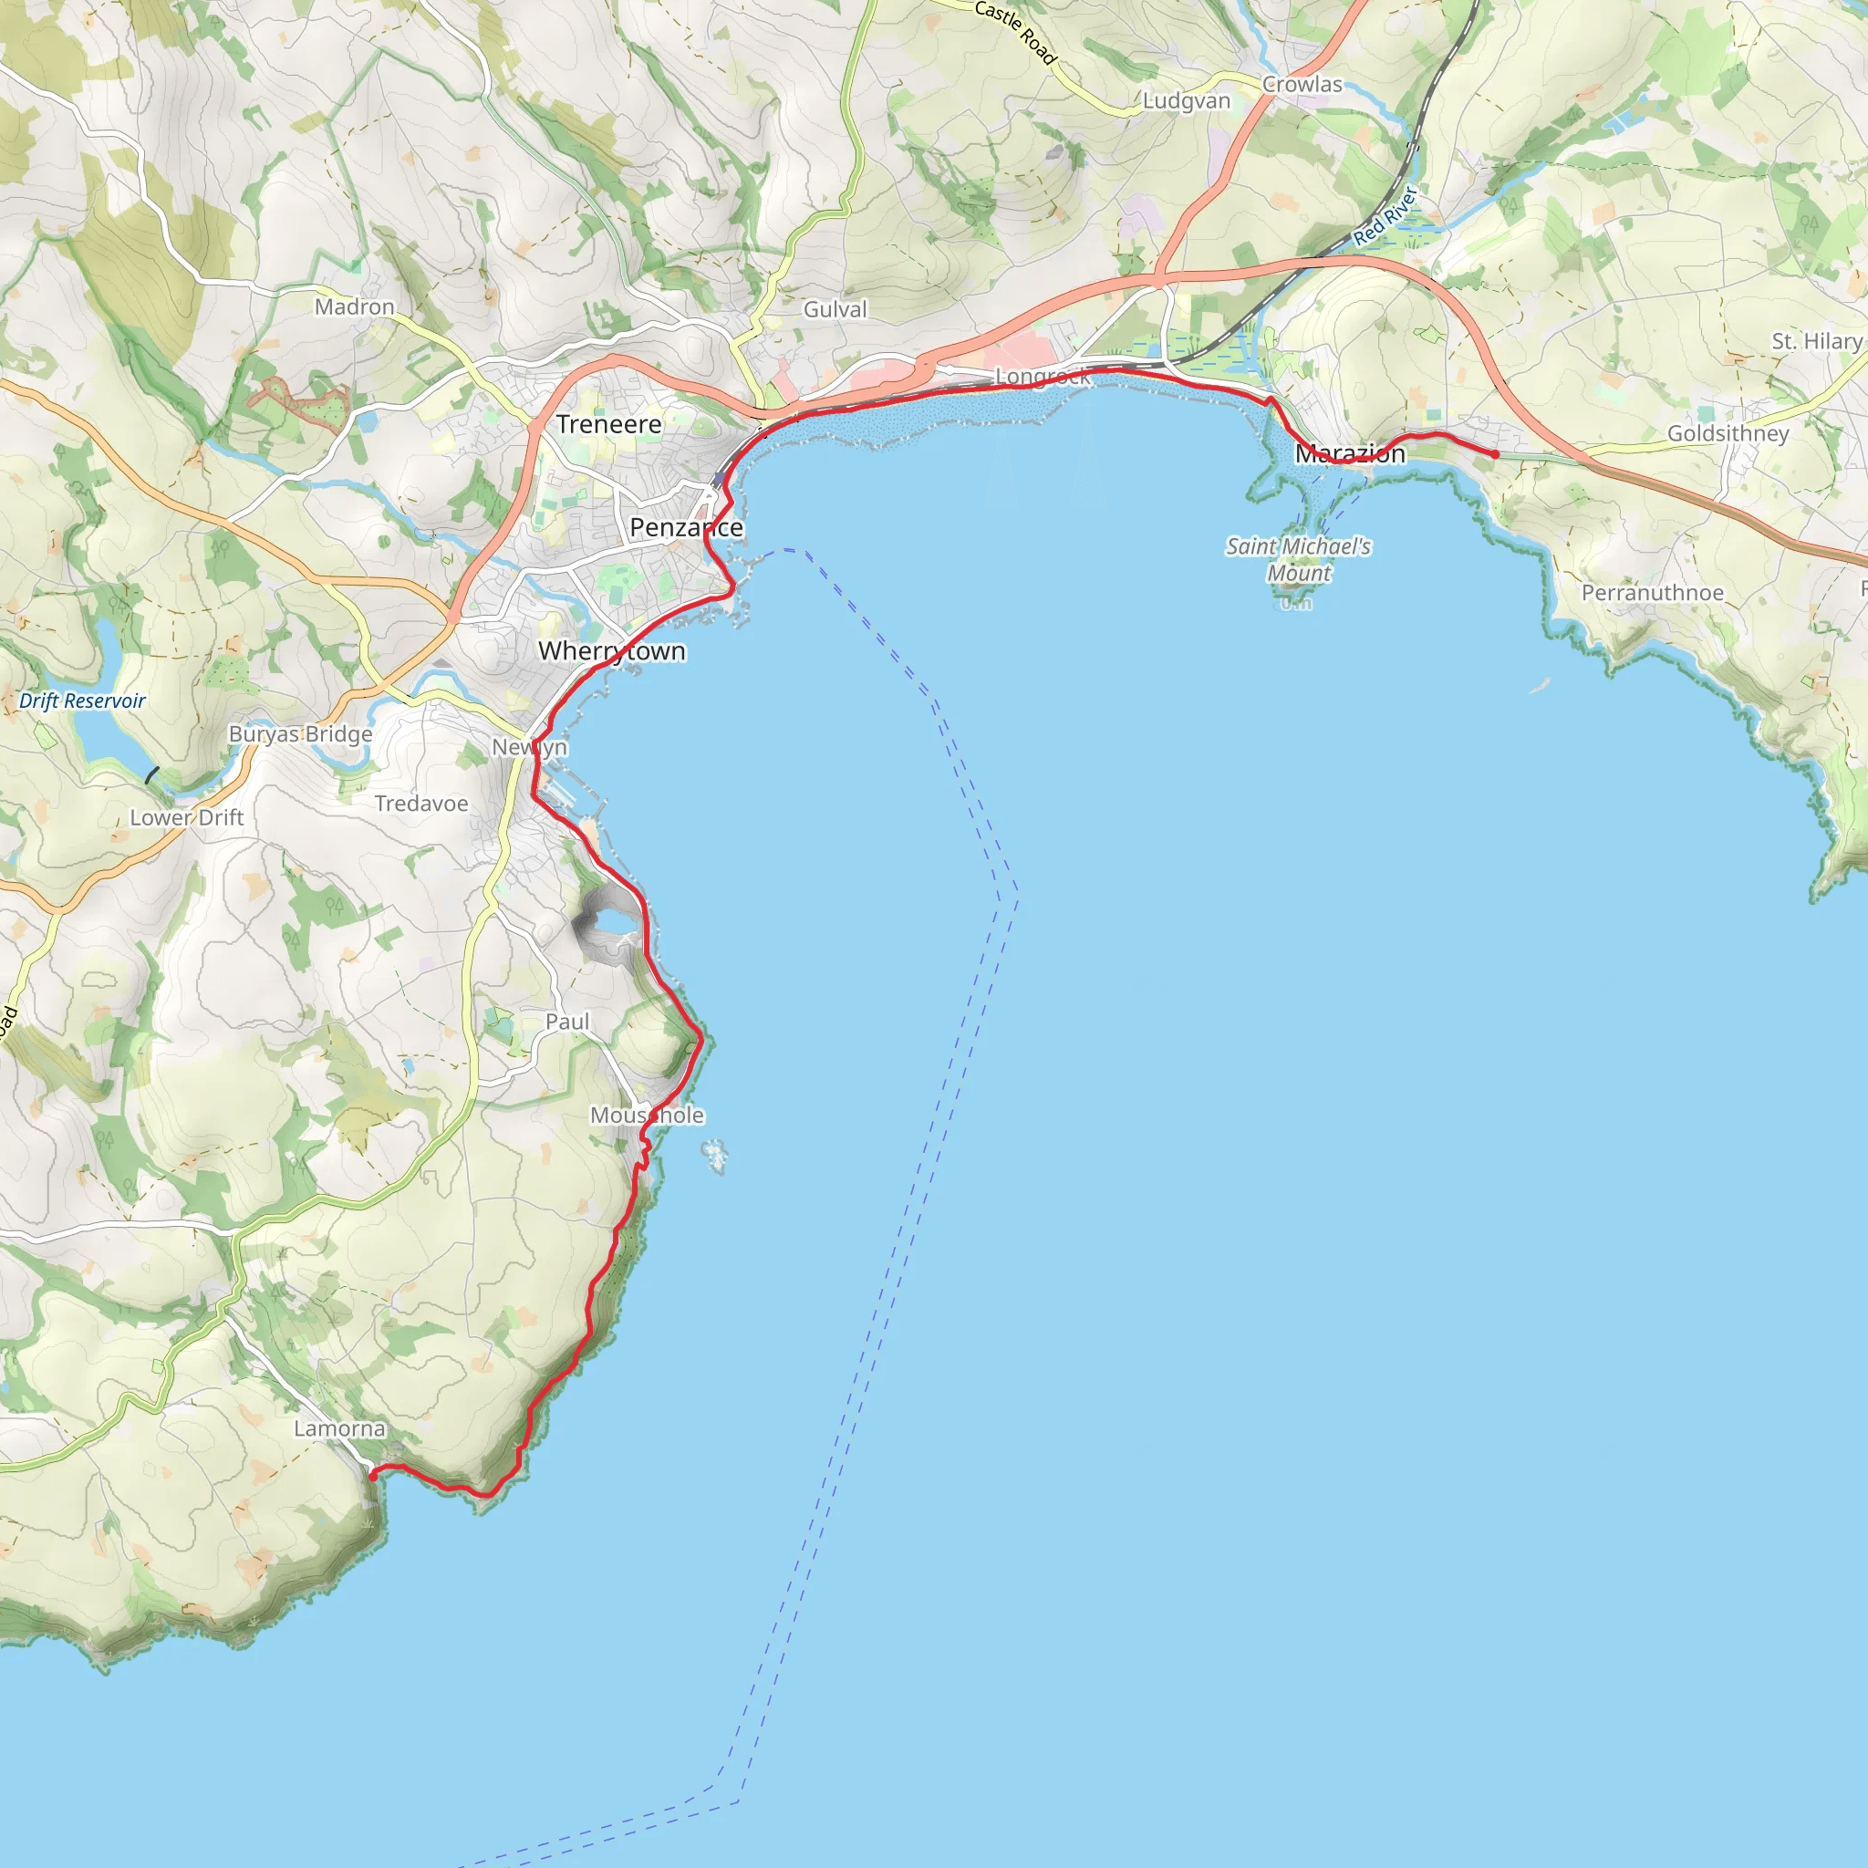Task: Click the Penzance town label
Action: [686, 528]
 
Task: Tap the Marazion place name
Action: [1350, 453]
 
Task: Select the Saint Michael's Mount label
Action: [1299, 560]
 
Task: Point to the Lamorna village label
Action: [339, 1428]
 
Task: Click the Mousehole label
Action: [647, 1115]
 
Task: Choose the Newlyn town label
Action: [529, 746]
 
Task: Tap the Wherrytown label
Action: [612, 650]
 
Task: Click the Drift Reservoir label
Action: [82, 701]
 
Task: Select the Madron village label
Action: [355, 306]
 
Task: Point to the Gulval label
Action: [835, 309]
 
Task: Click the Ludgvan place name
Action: [1187, 100]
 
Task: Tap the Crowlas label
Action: [1302, 84]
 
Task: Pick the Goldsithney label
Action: [1728, 433]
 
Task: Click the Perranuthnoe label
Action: [1653, 593]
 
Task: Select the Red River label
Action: [1385, 214]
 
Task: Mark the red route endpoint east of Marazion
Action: [1495, 454]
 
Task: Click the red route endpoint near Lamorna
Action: [373, 1477]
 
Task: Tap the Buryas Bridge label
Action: [300, 734]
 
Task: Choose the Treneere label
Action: [609, 424]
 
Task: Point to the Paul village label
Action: [566, 1022]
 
